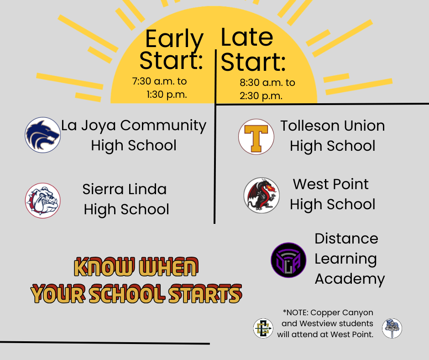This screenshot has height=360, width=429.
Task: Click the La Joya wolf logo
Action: coord(43,135)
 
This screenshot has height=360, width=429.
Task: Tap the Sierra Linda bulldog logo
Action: coord(43,201)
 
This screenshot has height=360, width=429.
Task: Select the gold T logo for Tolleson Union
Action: coord(256,137)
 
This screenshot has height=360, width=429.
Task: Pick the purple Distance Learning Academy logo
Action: coord(288,260)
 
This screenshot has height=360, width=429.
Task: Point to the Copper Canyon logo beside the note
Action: coord(263,328)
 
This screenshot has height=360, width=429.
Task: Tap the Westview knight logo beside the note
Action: coord(392,328)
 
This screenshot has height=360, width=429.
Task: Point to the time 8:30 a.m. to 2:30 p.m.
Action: coord(267,89)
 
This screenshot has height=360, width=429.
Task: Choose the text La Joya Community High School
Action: coord(134,135)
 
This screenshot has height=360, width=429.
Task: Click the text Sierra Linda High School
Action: coord(126,199)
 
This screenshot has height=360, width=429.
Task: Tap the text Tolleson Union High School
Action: coord(333,136)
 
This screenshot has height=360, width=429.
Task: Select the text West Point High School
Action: coord(332,194)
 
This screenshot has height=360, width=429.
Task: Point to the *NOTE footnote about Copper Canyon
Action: coord(327,323)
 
